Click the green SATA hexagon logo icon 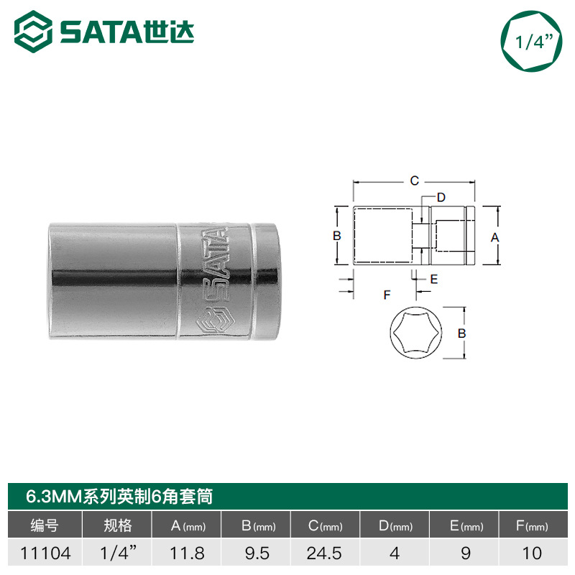point(33,32)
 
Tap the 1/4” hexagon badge point(531,41)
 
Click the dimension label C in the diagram point(415,181)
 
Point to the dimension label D point(441,197)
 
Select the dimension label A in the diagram point(495,238)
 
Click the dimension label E point(434,279)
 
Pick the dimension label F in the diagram point(387,295)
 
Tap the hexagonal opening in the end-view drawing point(416,333)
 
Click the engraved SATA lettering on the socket point(215,265)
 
